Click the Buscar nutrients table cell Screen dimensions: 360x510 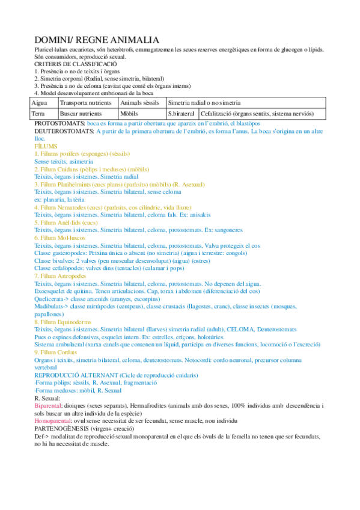pyautogui.click(x=81, y=113)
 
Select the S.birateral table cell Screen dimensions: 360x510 pyautogui.click(x=181, y=113)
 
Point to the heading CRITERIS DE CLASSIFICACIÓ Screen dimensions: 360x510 pyautogui.click(x=75, y=63)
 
